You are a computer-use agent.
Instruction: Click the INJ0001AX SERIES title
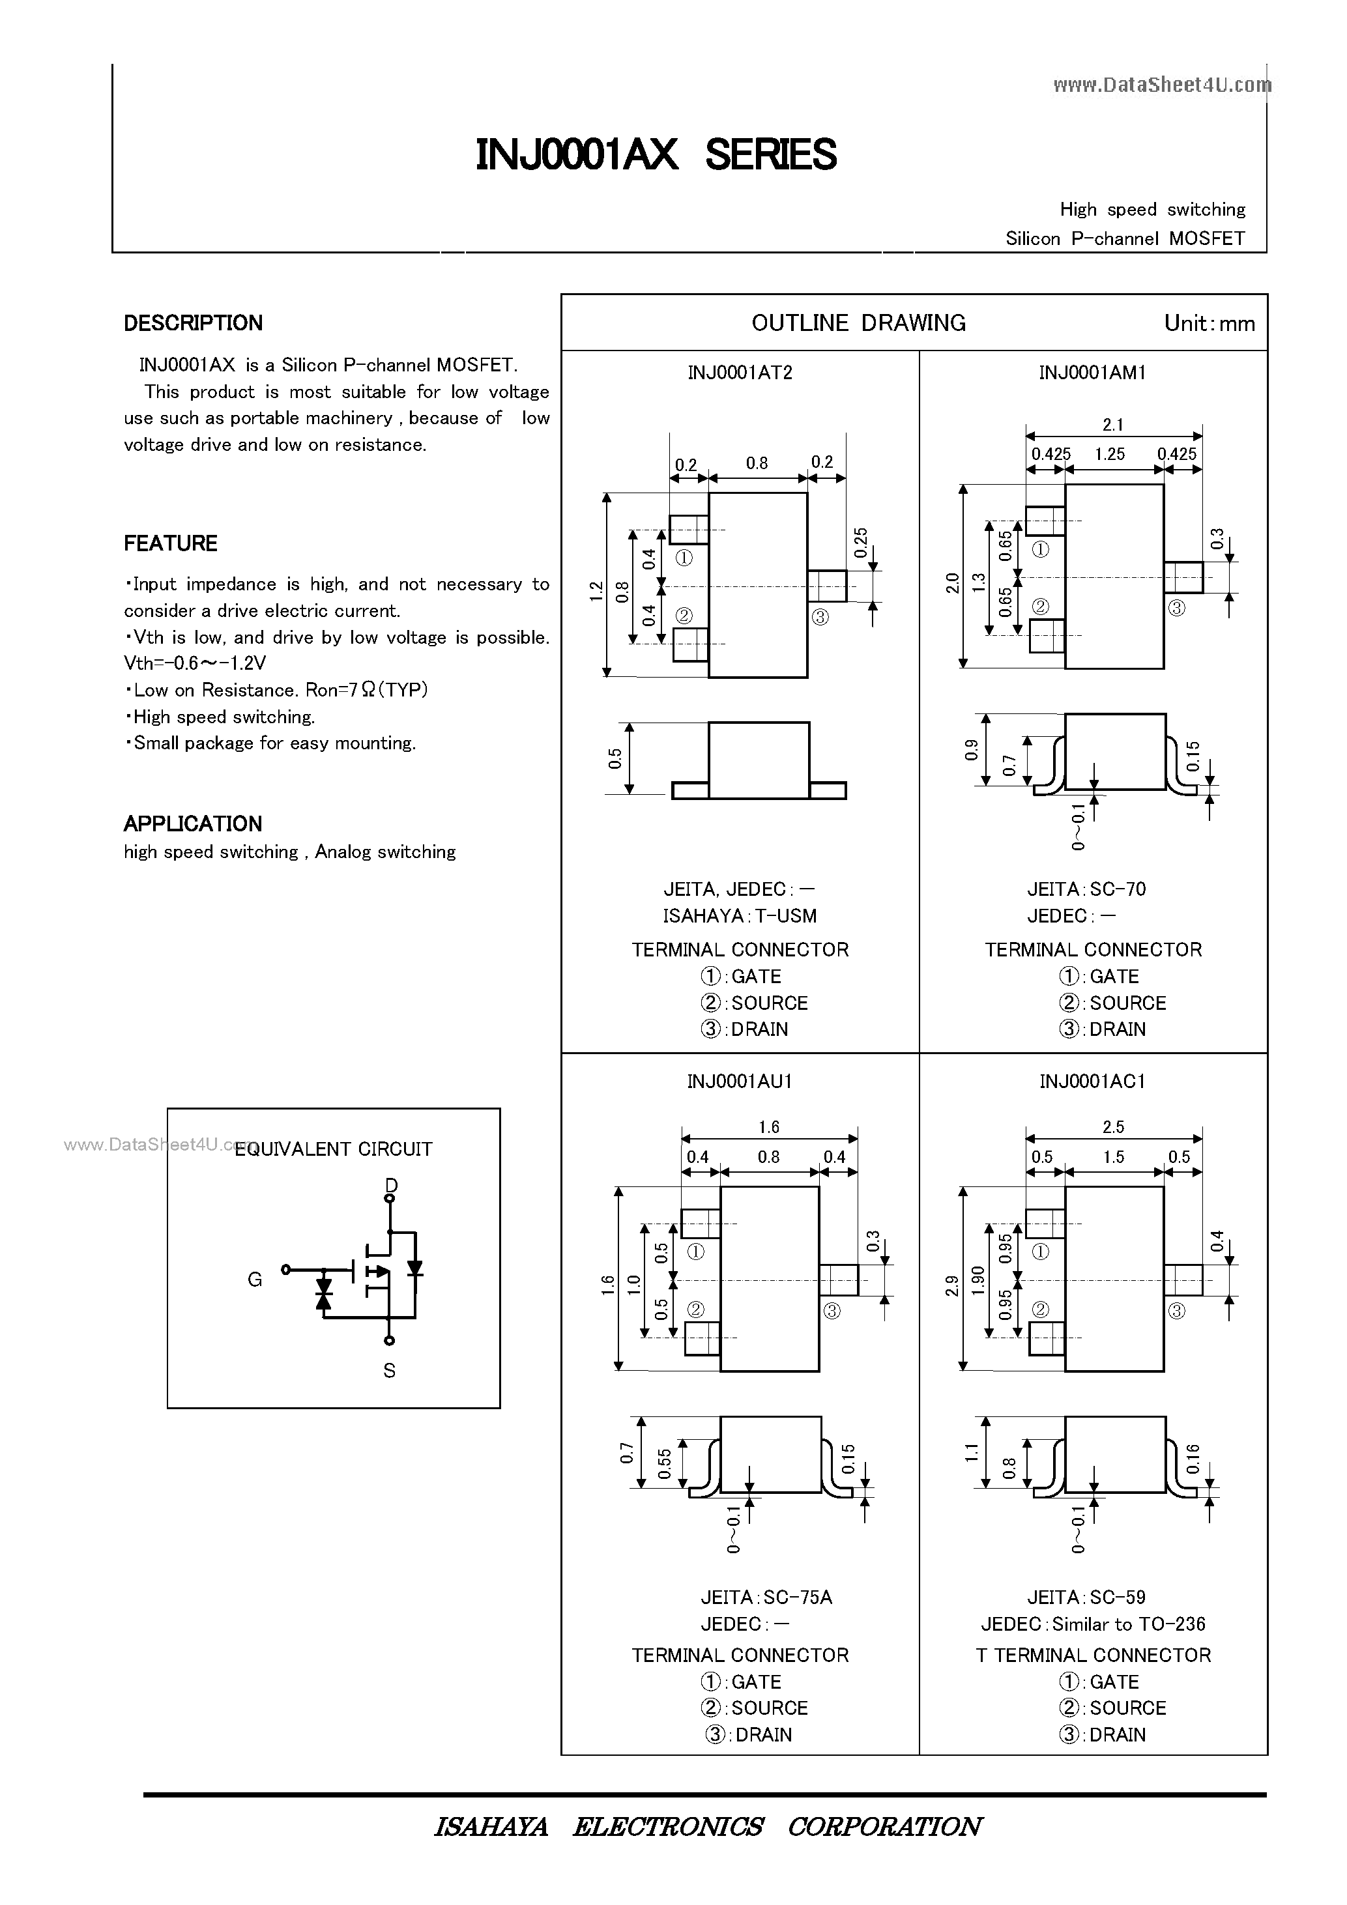coord(656,155)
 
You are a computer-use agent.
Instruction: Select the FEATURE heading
coord(170,543)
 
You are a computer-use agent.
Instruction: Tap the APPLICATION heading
coord(192,824)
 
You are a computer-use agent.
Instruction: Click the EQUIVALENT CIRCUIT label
coord(334,1149)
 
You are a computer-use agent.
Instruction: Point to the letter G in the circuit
coord(255,1280)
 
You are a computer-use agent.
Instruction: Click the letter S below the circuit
coord(389,1371)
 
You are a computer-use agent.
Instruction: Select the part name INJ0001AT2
coord(740,373)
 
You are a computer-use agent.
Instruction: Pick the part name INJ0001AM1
coord(1092,373)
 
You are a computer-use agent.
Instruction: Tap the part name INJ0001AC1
coord(1092,1081)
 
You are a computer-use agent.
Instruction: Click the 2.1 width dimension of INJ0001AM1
coord(1113,425)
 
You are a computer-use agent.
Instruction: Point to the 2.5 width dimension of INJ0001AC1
coord(1113,1126)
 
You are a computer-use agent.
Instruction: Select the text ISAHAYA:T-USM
coord(740,916)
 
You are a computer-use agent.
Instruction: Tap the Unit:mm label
coord(1209,324)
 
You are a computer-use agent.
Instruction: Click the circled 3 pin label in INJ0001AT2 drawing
coord(820,616)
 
